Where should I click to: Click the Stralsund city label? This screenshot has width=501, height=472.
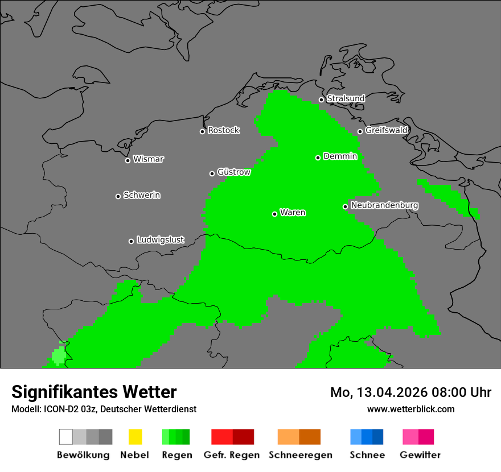click(x=346, y=98)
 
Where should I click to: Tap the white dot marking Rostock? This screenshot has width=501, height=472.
click(x=202, y=131)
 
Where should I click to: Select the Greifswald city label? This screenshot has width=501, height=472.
click(x=386, y=130)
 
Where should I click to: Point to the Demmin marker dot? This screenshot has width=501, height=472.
click(x=318, y=158)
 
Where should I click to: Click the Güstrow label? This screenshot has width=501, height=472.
click(x=233, y=172)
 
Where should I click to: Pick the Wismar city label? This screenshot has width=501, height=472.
click(x=148, y=159)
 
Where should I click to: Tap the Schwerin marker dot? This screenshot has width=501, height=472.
click(x=118, y=196)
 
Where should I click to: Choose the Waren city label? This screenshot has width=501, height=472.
click(x=293, y=213)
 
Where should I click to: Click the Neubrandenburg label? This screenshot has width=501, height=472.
click(x=384, y=205)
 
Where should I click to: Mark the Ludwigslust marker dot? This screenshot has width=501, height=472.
click(x=131, y=241)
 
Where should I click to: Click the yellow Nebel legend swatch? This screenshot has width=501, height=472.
click(x=135, y=437)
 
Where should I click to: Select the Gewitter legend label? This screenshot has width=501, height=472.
click(x=420, y=455)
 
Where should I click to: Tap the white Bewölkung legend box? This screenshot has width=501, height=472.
click(x=66, y=437)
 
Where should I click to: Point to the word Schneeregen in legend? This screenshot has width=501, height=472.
click(x=300, y=455)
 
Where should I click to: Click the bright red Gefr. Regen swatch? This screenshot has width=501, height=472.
click(x=222, y=437)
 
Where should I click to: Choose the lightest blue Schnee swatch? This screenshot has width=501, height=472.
click(x=355, y=437)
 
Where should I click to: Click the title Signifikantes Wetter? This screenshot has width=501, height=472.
click(x=94, y=392)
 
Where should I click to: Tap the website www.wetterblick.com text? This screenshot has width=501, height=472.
click(x=410, y=409)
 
